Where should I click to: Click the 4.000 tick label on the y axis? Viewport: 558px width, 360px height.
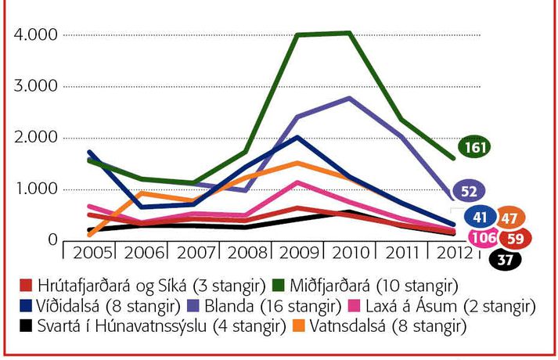pyautogui.click(x=31, y=36)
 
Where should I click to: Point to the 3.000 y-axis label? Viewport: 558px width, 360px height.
pyautogui.click(x=31, y=87)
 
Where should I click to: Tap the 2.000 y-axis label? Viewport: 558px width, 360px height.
pyautogui.click(x=31, y=139)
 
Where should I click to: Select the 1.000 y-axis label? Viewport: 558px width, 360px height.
pyautogui.click(x=31, y=189)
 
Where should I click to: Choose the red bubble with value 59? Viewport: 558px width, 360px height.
pyautogui.click(x=516, y=237)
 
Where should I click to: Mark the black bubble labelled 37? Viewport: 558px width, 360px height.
pyautogui.click(x=504, y=260)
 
